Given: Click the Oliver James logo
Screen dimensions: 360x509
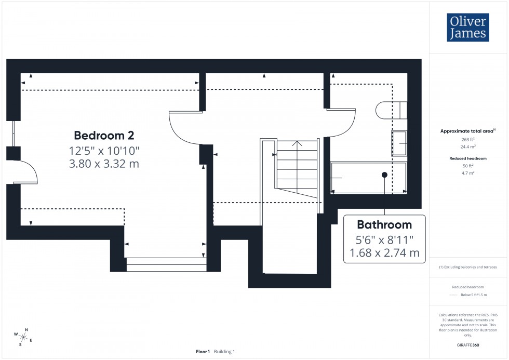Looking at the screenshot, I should pos(467,28).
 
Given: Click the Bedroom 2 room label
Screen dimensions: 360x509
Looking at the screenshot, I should pos(104,136).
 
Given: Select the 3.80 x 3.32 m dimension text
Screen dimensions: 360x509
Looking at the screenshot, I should pos(104,164).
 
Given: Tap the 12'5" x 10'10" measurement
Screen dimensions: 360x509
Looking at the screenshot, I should pos(104,151).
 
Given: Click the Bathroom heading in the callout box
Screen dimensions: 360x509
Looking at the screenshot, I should pos(384,224).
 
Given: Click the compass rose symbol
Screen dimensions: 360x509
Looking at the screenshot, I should pos(23,337).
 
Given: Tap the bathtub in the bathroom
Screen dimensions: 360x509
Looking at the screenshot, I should pos(368,178).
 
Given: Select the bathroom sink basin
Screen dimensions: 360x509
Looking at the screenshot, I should pos(399,143).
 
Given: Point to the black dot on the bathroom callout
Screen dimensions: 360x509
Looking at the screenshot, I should pos(384,175).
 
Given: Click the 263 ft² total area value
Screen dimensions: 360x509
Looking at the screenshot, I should pos(468,140).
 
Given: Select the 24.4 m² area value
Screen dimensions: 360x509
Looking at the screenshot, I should pos(468,146).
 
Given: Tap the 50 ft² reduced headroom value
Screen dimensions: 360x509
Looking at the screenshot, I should pos(468,165).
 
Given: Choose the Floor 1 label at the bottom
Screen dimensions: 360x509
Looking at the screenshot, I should pos(203,352).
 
